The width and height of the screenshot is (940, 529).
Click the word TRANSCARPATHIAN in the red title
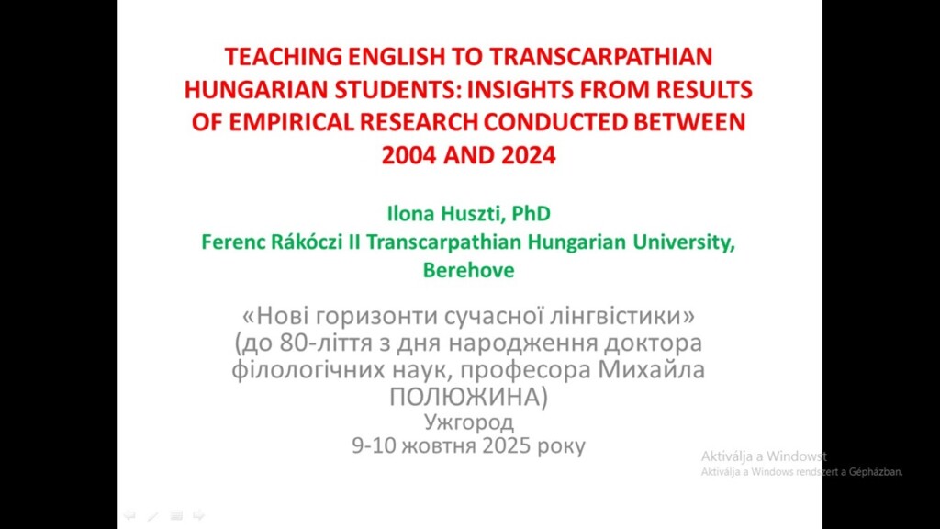600,57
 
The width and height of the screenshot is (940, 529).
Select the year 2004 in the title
408,155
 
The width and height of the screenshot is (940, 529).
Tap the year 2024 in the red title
529,155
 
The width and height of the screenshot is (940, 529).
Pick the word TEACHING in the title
284,57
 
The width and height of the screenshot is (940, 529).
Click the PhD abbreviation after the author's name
532,213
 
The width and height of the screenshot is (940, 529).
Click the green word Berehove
469,270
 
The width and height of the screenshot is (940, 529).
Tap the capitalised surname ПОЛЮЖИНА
468,397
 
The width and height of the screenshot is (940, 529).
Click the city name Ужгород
469,422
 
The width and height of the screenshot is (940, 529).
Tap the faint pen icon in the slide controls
153,515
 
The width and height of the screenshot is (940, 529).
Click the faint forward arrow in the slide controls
198,515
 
